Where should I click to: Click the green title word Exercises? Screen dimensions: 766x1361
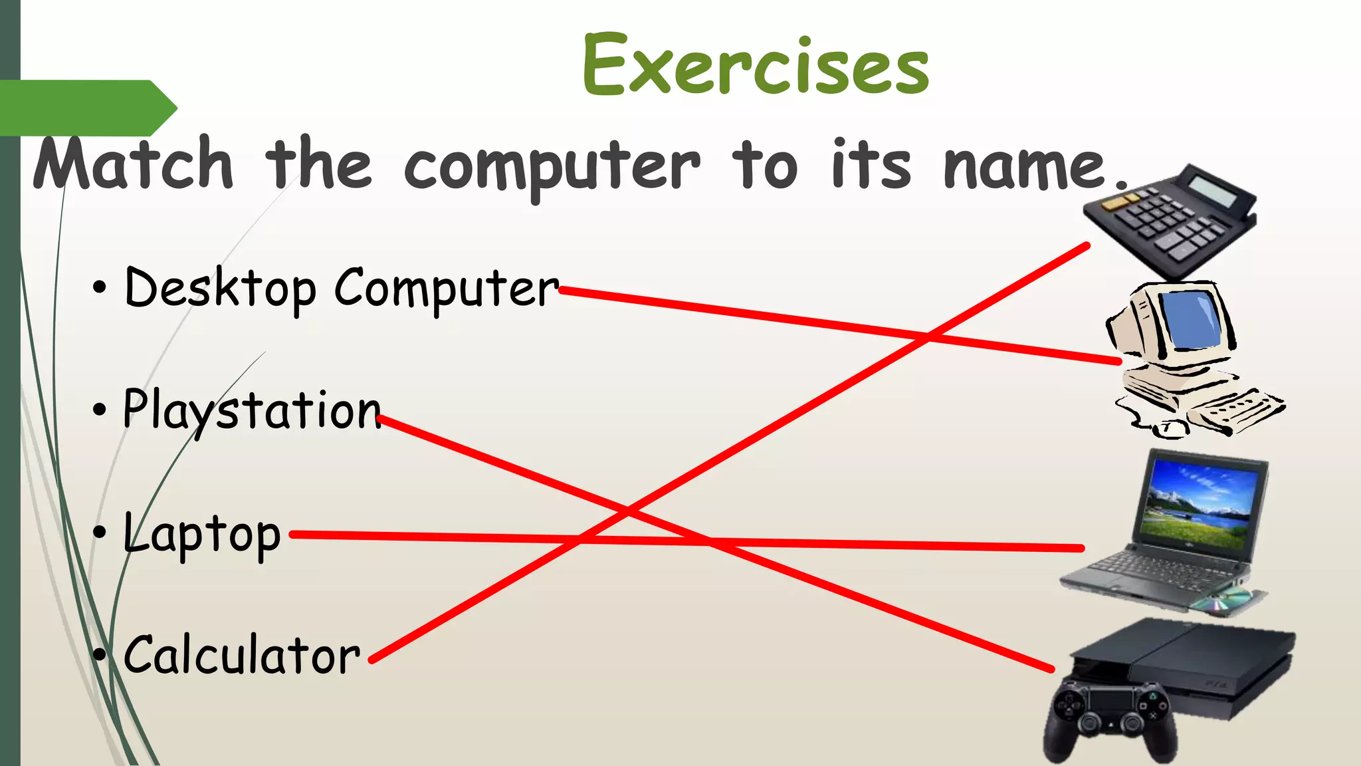click(x=756, y=65)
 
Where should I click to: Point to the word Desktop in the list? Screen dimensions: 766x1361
click(x=220, y=289)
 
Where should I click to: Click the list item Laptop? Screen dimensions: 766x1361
click(x=202, y=535)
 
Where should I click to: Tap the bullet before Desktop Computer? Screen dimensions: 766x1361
click(x=99, y=289)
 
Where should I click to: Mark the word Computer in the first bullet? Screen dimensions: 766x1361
click(x=446, y=289)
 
